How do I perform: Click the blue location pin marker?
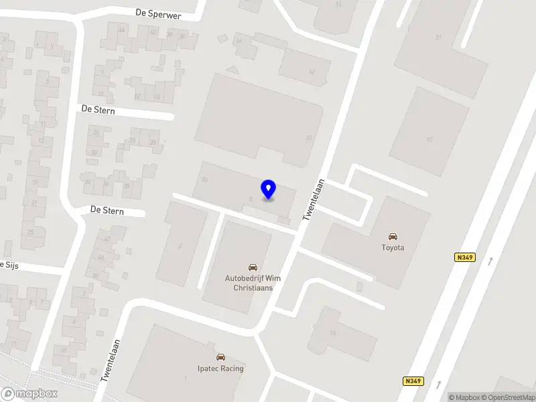(268, 190)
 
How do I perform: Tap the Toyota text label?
(393, 247)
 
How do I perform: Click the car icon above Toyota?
(393, 236)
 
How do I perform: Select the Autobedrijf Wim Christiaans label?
(253, 283)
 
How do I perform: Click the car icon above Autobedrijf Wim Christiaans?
(253, 267)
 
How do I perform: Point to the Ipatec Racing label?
(220, 368)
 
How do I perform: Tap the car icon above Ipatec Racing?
(220, 357)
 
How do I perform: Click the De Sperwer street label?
(158, 14)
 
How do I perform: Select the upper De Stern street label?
(98, 109)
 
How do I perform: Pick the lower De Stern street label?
(107, 210)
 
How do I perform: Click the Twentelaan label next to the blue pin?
(314, 199)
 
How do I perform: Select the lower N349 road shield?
(413, 381)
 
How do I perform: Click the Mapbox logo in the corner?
(29, 393)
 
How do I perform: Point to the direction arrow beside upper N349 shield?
(491, 261)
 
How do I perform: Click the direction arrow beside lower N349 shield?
(440, 383)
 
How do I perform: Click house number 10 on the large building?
(308, 138)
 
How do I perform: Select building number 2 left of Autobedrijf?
(180, 246)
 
